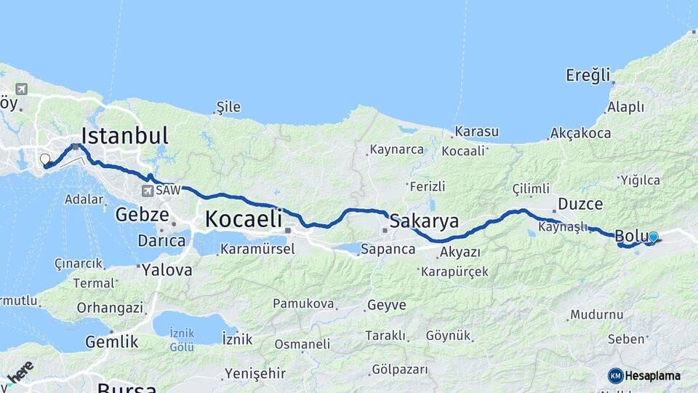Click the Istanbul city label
pyautogui.click(x=124, y=136)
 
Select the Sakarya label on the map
pyautogui.click(x=425, y=221)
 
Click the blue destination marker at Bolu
pyautogui.click(x=653, y=237)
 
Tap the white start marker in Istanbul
pyautogui.click(x=45, y=159)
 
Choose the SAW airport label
pyautogui.click(x=167, y=189)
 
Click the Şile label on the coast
pyautogui.click(x=228, y=108)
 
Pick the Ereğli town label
pyautogui.click(x=588, y=75)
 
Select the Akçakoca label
pyautogui.click(x=581, y=133)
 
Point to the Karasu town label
pyautogui.click(x=476, y=132)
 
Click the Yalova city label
pyautogui.click(x=167, y=270)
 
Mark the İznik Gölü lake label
pyautogui.click(x=182, y=338)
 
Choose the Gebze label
pyautogui.click(x=143, y=215)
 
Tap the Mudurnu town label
pyautogui.click(x=596, y=314)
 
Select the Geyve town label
pyautogui.click(x=387, y=305)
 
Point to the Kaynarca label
pyautogui.click(x=396, y=150)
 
